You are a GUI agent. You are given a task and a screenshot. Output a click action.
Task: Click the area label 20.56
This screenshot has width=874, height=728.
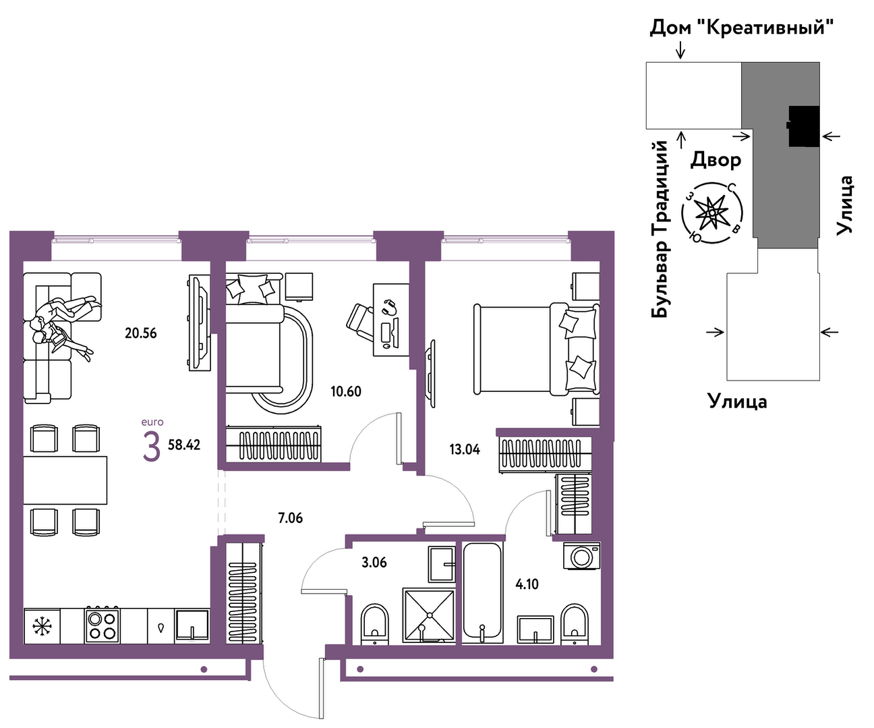click(x=141, y=333)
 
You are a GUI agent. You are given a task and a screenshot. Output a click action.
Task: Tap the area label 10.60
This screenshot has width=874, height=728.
click(x=346, y=391)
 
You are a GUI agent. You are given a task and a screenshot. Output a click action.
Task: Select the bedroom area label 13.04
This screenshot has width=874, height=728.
click(x=465, y=449)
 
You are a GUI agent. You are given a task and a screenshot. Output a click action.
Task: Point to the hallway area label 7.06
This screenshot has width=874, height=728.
click(x=291, y=518)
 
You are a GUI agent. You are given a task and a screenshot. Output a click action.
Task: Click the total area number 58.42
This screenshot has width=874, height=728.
click(x=184, y=445)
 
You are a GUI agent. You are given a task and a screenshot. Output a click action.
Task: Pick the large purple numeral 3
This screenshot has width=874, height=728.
click(x=152, y=447)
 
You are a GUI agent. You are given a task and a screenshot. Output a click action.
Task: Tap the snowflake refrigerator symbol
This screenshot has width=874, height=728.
click(x=42, y=626)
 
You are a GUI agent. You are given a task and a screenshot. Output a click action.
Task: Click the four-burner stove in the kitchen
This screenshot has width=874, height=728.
click(x=102, y=625)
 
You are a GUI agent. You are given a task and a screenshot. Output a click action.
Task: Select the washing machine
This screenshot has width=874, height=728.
click(x=581, y=556)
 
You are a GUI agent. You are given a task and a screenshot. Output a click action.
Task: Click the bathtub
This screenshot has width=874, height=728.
click(x=483, y=592)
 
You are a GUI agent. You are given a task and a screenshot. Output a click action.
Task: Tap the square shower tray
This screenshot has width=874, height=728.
click(x=429, y=615)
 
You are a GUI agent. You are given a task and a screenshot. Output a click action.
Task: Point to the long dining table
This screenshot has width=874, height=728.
click(x=65, y=480)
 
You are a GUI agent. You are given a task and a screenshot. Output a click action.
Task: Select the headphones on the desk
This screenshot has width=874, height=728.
click(x=390, y=308)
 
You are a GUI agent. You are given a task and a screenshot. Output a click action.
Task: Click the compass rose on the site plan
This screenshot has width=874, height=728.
click(x=712, y=213)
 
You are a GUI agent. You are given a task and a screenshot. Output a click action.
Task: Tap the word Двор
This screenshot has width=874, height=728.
click(x=716, y=160)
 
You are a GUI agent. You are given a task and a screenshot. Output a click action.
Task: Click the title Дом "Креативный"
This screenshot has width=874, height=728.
click(x=741, y=28)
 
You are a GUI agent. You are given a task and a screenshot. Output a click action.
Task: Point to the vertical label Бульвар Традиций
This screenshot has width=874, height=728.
click(x=660, y=229)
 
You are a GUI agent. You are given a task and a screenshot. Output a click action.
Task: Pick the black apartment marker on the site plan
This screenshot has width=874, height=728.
click(x=803, y=126)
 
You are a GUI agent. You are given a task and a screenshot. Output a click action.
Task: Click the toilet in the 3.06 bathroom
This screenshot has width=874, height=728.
click(x=375, y=623)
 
